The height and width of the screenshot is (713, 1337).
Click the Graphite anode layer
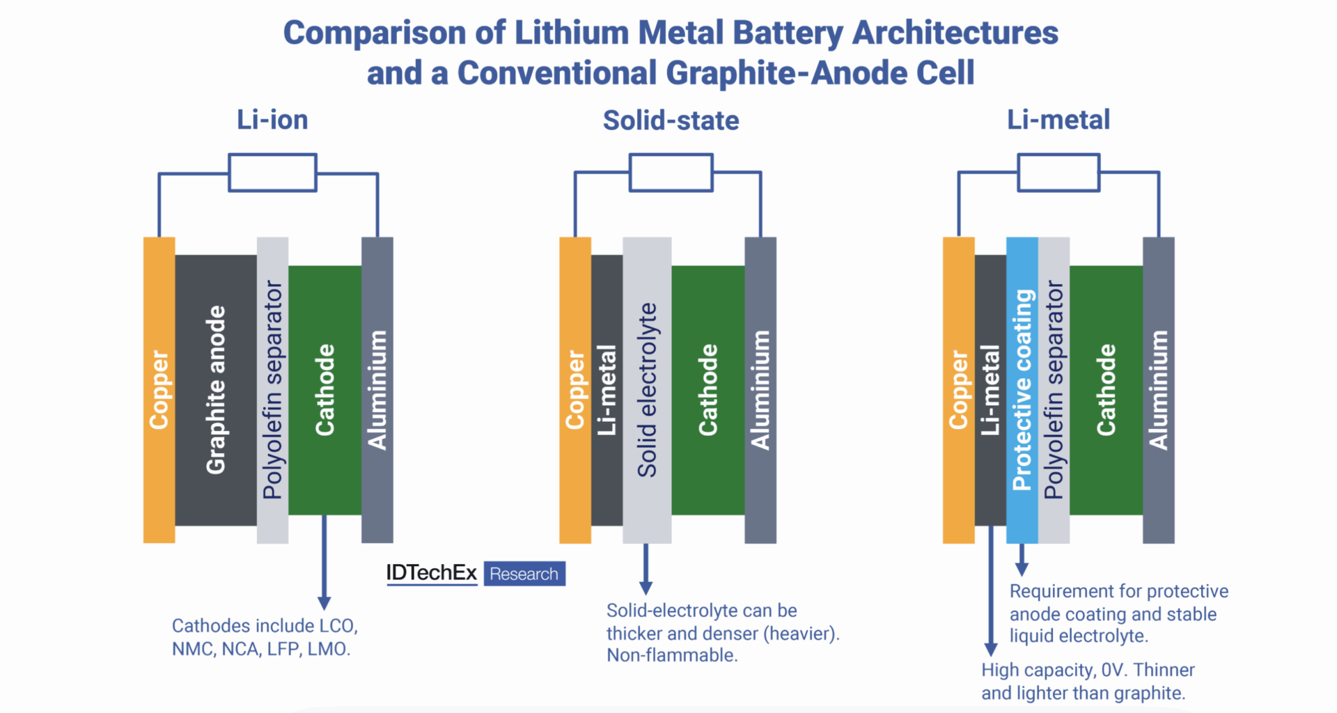[x=216, y=390]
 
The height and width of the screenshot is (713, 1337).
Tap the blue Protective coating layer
[x=1022, y=390]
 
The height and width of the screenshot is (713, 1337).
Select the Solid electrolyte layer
[x=647, y=390]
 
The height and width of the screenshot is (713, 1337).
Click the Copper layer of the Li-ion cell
[x=159, y=390]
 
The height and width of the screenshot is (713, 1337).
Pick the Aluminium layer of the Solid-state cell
[x=760, y=390]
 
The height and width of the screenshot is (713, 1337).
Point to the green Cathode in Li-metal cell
[x=1106, y=390]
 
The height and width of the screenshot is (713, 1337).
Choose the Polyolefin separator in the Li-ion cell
[x=272, y=390]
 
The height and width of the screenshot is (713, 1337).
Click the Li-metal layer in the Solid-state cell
[x=607, y=390]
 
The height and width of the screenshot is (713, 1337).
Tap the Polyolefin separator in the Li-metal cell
[x=1054, y=390]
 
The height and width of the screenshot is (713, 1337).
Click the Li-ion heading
[x=272, y=120]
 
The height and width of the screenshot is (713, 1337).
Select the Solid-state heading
[x=671, y=120]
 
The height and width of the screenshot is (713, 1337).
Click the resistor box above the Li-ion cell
[x=272, y=173]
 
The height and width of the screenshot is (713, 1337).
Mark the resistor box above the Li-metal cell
[x=1058, y=173]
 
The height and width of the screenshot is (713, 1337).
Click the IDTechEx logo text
[x=431, y=573]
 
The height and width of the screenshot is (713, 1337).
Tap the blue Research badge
[x=524, y=574]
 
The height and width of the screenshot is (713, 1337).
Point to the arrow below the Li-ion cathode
[x=324, y=564]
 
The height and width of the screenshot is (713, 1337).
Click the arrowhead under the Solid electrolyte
[x=646, y=586]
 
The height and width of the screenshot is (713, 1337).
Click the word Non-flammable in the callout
[x=671, y=655]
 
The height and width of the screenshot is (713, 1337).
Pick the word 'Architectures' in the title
[x=955, y=33]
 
